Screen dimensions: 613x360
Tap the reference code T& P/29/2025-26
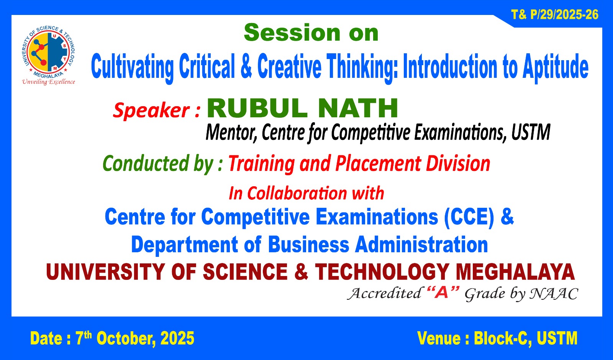click(555, 15)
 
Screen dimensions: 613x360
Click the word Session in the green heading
click(292, 33)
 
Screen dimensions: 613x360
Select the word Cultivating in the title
click(133, 67)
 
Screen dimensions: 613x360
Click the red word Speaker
click(151, 110)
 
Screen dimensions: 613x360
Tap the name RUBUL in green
click(257, 108)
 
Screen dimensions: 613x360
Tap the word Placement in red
click(378, 163)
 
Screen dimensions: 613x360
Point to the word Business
click(308, 245)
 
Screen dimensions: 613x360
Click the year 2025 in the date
click(177, 339)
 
